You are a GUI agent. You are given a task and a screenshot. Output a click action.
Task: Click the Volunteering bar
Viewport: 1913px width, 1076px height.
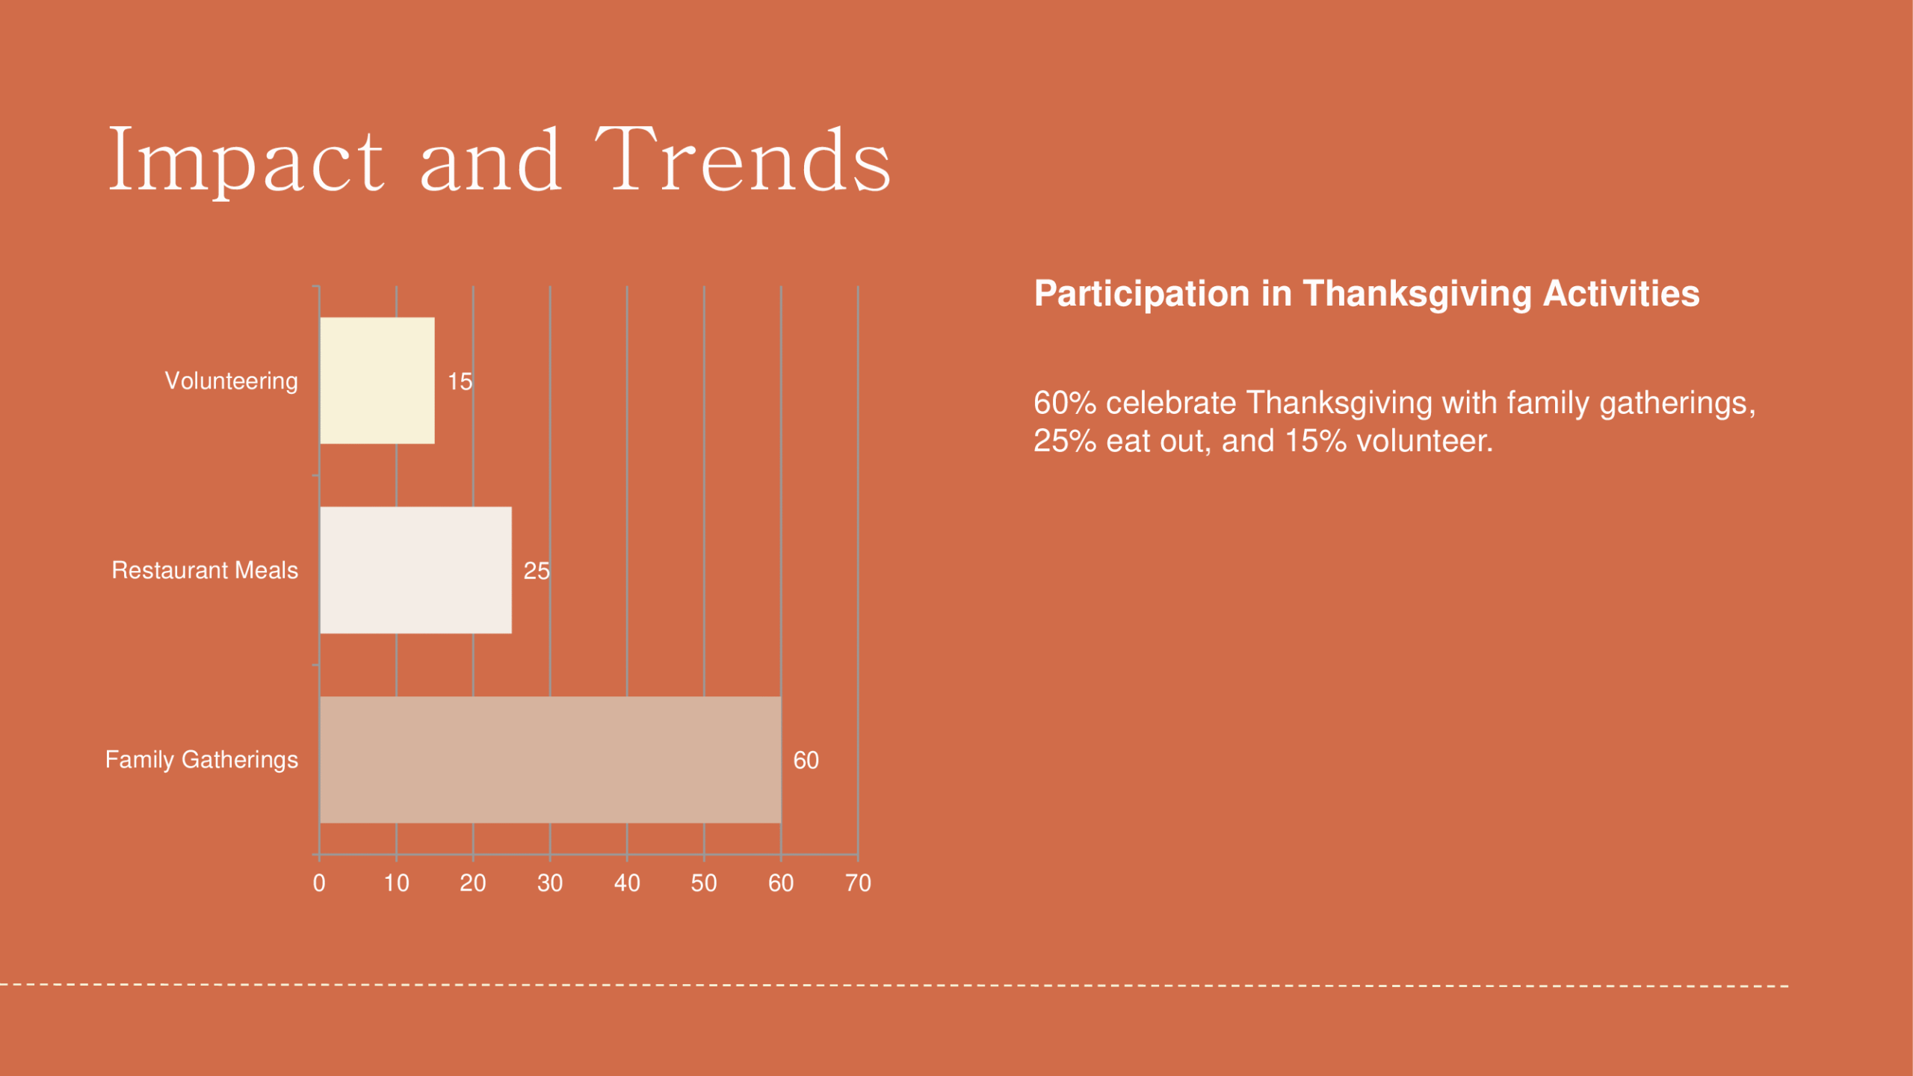point(377,380)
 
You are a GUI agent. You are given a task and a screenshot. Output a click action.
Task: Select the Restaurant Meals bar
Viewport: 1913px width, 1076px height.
point(416,570)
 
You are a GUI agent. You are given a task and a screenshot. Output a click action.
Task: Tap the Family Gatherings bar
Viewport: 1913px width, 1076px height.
point(551,760)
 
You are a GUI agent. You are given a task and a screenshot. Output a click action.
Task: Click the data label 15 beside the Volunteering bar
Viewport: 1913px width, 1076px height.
point(460,382)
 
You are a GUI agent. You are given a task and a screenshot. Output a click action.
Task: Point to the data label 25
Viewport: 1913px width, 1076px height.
point(537,571)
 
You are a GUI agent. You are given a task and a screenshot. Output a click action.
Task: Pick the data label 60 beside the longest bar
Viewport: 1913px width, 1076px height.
point(806,761)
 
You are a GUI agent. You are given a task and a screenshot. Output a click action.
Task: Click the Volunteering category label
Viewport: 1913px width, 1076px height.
point(232,381)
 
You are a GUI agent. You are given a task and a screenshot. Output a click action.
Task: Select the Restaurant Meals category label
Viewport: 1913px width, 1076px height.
point(205,570)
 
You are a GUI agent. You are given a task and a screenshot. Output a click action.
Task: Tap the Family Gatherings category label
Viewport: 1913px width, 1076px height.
point(202,760)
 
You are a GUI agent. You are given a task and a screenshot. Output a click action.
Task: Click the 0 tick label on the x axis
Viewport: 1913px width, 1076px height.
point(319,883)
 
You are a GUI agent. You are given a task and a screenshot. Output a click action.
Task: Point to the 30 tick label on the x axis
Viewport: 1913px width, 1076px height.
point(550,883)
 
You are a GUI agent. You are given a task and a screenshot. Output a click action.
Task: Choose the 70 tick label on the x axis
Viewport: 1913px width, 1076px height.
point(859,883)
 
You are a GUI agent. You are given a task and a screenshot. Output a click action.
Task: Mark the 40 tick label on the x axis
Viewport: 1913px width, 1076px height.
point(627,883)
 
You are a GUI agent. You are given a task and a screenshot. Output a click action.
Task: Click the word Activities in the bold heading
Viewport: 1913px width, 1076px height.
point(1622,293)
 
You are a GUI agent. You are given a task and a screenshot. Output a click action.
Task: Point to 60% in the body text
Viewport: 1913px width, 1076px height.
point(1065,403)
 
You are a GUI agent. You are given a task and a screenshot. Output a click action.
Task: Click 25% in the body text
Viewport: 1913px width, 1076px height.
point(1065,441)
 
